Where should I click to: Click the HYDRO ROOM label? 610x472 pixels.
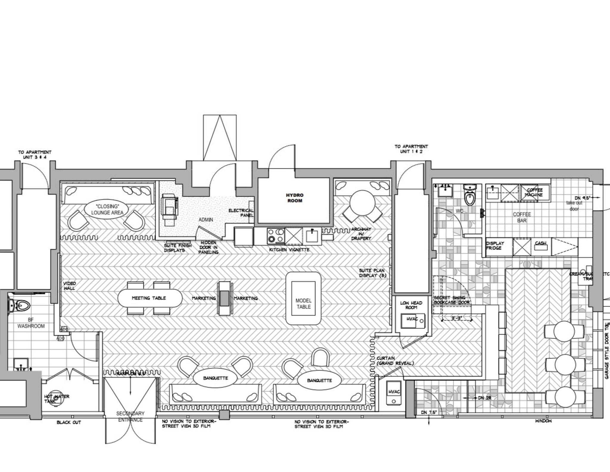[x=295, y=198]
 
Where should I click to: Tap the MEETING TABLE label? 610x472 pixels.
[x=149, y=298]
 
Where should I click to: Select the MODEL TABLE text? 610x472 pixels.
[x=303, y=304]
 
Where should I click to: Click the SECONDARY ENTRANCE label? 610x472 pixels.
[x=130, y=417]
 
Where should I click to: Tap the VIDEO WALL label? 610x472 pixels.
[x=69, y=286]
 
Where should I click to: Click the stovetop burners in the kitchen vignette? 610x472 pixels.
[x=276, y=236]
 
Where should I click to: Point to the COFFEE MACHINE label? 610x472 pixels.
[x=535, y=192]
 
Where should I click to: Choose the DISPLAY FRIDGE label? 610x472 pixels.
[x=495, y=246]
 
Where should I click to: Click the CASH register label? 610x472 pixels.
[x=540, y=243]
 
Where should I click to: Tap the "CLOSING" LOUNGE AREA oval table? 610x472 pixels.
[x=107, y=210]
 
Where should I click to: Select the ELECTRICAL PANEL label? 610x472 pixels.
[x=241, y=213]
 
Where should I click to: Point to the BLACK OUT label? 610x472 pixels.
[x=69, y=422]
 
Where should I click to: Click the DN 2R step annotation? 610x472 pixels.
[x=484, y=398]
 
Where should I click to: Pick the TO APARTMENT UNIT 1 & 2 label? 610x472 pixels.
[x=411, y=149]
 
